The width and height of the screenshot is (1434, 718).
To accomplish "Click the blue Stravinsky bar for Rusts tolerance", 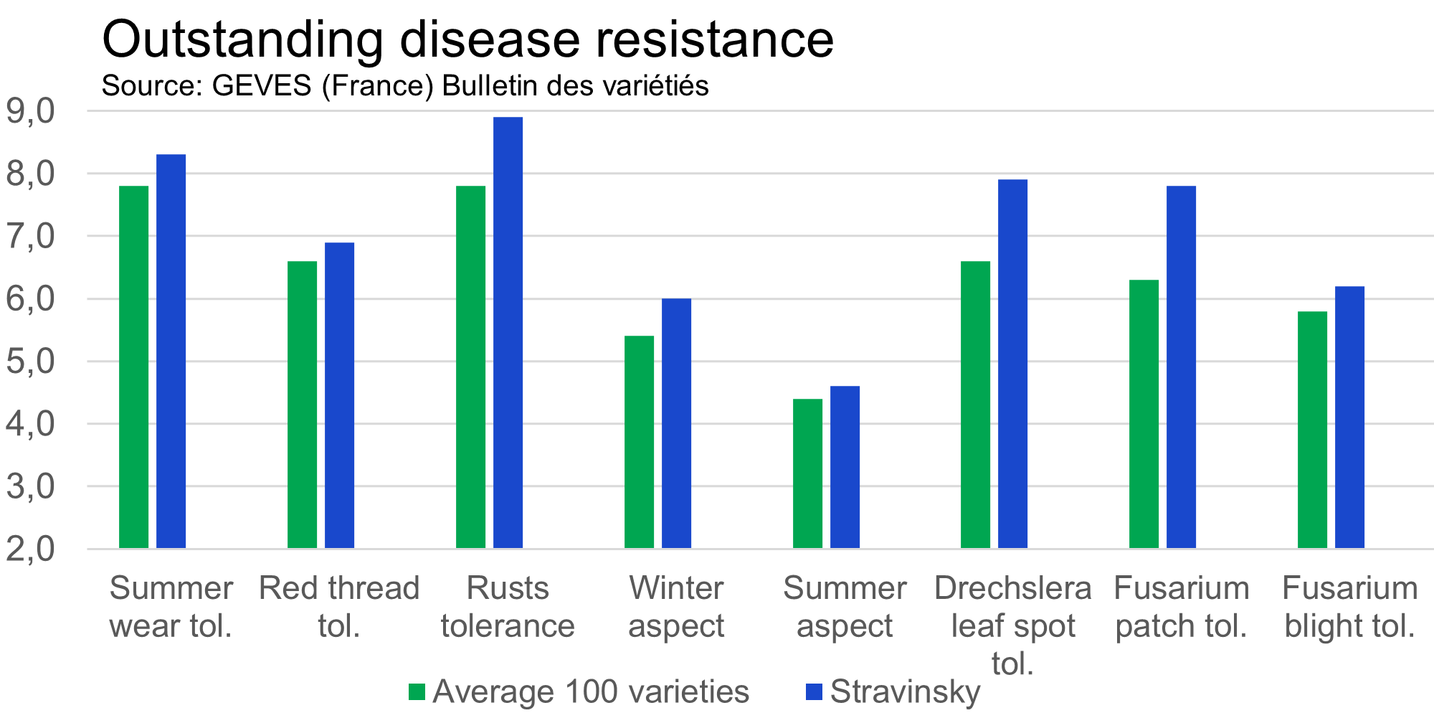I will (508, 333).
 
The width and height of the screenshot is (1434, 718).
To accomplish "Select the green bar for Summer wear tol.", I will (134, 367).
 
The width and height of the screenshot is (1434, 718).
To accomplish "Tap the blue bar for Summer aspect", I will (845, 467).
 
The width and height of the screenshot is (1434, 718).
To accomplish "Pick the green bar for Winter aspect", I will (640, 442).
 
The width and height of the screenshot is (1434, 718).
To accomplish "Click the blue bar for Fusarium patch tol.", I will (1182, 367).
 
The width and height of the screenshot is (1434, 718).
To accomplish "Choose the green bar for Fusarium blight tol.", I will (1313, 430).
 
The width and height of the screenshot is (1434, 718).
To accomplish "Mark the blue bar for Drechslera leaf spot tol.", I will (1013, 364).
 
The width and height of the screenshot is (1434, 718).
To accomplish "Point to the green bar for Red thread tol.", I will (303, 405).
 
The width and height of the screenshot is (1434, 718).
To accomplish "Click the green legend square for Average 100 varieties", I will (417, 692).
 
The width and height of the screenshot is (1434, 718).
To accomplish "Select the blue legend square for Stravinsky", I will (814, 692).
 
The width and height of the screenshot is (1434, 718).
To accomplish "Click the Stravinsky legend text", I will (905, 692).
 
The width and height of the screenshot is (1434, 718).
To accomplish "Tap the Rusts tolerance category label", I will (508, 607).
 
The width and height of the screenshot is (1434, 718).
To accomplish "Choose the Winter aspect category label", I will (676, 607).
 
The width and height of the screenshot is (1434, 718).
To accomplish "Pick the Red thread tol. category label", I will (339, 607).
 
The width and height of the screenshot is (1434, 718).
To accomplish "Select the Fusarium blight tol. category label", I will (1349, 607).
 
